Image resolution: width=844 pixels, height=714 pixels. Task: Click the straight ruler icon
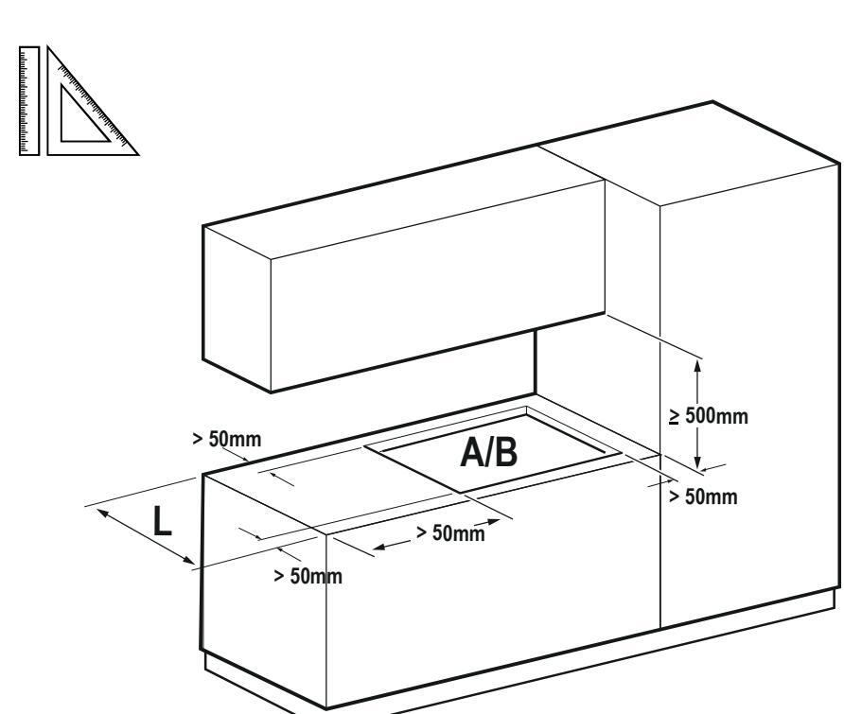29,99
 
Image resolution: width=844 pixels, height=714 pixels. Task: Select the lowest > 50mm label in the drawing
307,576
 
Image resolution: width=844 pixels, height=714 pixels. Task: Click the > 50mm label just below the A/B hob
450,533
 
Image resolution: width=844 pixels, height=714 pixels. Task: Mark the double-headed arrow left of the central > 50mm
392,540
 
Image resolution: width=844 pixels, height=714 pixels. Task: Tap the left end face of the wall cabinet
237,307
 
